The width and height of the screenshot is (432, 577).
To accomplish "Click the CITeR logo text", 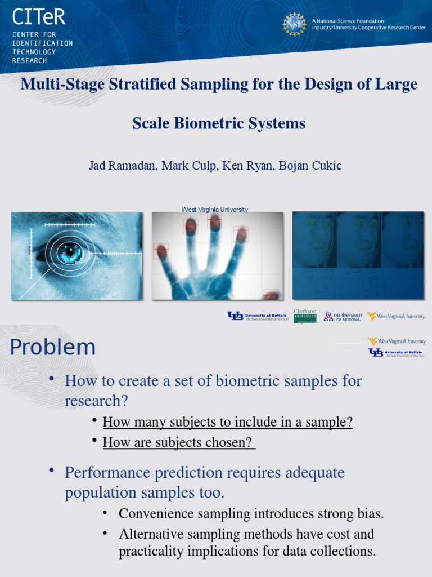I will click(x=38, y=17).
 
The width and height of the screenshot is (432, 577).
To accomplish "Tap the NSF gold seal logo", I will click(x=294, y=24).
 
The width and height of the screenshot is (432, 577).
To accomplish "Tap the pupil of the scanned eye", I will click(x=70, y=252).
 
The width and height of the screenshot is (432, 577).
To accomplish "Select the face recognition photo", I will click(x=358, y=255).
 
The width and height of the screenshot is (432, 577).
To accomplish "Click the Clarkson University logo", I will click(x=305, y=316).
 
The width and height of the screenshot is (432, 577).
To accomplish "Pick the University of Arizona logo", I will click(x=343, y=317).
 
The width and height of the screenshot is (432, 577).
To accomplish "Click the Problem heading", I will click(x=52, y=347).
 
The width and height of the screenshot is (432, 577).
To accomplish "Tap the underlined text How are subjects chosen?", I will click(x=179, y=442).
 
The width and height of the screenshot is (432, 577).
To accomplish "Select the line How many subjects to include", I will click(x=228, y=422).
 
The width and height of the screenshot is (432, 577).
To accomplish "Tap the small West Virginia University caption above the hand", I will click(x=214, y=210).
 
